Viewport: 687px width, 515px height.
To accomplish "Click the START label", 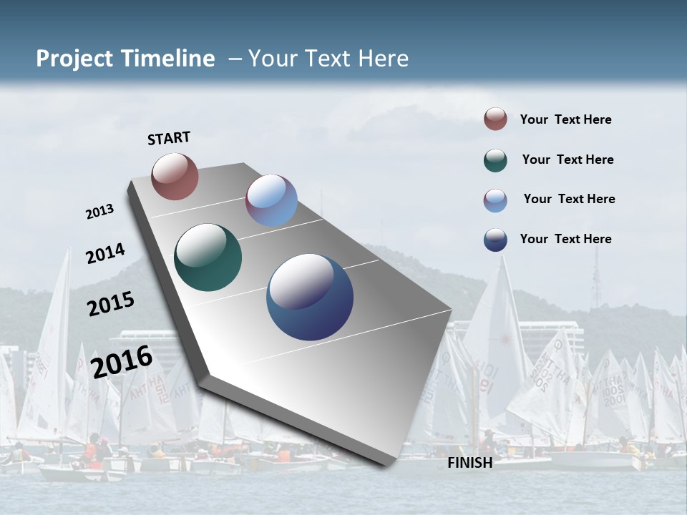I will coord(169,138).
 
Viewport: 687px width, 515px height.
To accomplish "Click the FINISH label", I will coord(470,463).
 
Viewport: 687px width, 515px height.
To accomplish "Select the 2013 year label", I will coord(100,212).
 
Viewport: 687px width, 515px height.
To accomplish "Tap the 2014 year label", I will coord(105,253).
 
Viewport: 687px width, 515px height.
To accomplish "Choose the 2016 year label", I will coord(122,362).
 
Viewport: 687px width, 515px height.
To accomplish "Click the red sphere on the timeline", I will coord(175,176).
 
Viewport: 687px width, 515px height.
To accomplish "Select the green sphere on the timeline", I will coord(208,257).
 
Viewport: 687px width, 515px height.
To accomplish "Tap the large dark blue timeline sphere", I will coord(310,297).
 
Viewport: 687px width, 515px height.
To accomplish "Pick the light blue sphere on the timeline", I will coord(271,200).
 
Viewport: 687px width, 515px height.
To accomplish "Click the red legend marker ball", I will coord(495,119).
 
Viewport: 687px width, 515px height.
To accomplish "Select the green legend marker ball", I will coord(495,160).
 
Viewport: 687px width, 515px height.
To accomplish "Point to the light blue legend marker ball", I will coord(495,200).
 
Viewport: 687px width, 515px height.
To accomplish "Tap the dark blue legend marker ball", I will coord(495,240).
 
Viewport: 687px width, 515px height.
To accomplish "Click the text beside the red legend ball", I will coord(565,119).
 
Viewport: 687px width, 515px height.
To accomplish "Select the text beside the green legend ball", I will coord(567,160).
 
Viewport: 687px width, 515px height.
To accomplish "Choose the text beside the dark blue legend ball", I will coord(565,239).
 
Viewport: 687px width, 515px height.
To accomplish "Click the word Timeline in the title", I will coord(169,59).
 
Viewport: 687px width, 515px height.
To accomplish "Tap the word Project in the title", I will coord(72,59).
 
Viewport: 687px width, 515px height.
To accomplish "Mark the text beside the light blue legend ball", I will coord(569,199).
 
